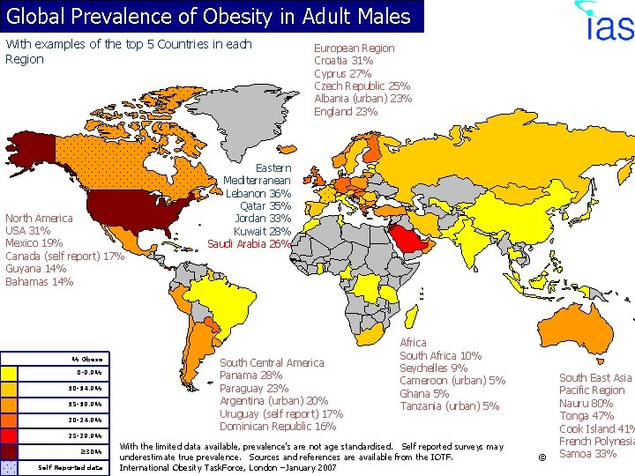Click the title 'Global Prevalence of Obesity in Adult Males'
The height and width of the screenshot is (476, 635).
point(209,16)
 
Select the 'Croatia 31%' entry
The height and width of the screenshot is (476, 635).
point(343,61)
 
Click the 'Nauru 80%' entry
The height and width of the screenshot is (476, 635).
point(586,403)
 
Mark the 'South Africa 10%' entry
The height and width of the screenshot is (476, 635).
point(440,355)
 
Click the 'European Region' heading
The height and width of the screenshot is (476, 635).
point(354,48)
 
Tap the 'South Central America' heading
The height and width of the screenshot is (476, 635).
point(272,362)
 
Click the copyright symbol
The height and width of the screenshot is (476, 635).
point(542,457)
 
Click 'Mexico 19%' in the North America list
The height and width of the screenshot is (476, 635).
point(34,243)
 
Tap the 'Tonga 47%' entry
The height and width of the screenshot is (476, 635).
point(586,416)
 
